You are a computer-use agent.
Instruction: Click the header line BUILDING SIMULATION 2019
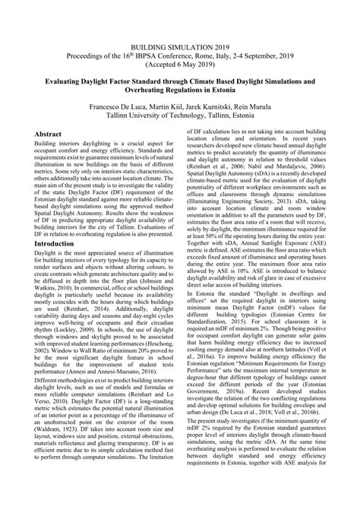[x=180, y=26]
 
